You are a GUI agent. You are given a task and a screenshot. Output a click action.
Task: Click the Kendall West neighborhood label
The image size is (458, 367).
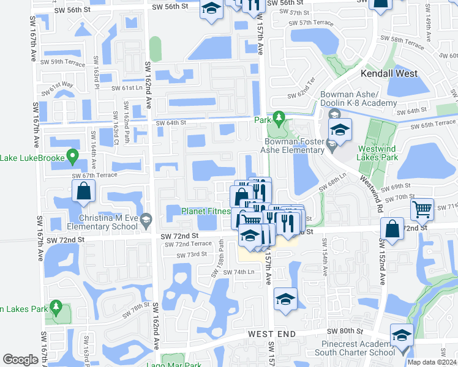point(389,73)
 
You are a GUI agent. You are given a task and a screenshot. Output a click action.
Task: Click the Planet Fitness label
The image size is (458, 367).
point(205,212)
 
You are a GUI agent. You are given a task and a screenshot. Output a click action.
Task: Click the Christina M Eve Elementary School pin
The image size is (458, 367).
point(146,218)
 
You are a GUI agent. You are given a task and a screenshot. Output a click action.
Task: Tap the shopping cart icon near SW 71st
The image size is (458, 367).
point(422,210)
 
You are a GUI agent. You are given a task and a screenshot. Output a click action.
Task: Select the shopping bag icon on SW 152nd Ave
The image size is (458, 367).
point(391,230)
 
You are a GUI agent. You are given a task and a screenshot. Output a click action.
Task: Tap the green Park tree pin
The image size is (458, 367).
point(279,116)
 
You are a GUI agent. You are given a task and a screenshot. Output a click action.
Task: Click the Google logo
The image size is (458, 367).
point(20,360)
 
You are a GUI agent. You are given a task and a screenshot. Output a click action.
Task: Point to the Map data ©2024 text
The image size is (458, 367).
point(431,362)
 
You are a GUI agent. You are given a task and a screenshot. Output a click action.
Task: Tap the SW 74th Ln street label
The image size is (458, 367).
point(239,272)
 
